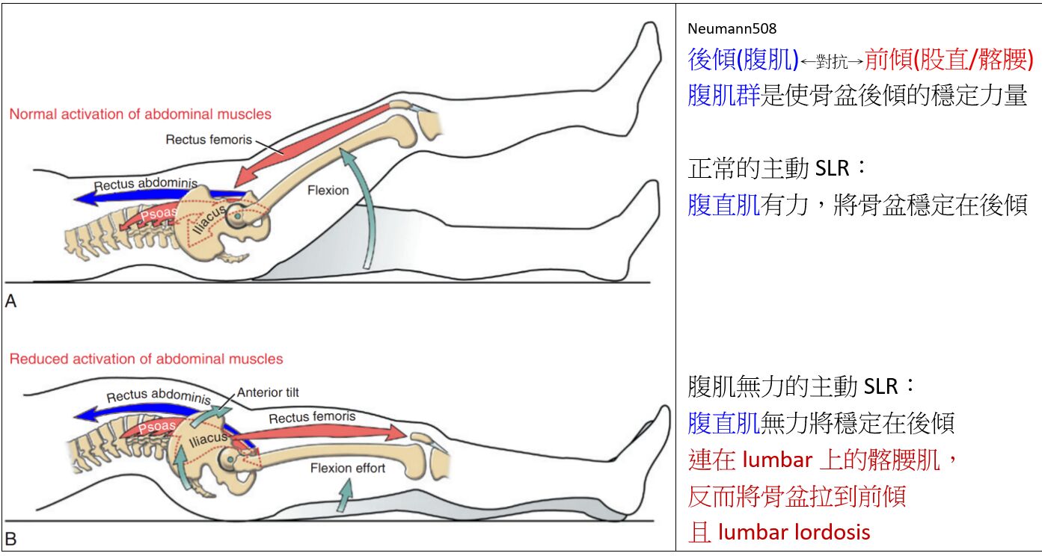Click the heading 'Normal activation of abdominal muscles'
[140, 114]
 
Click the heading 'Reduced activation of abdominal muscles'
[146, 359]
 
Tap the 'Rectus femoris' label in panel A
[209, 139]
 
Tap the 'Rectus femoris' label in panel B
[312, 417]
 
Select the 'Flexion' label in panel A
[328, 190]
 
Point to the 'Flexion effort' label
[348, 468]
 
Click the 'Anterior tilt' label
[268, 392]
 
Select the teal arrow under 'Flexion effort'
[345, 495]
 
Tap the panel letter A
[10, 301]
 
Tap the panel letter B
[10, 539]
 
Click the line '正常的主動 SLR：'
[777, 167]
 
